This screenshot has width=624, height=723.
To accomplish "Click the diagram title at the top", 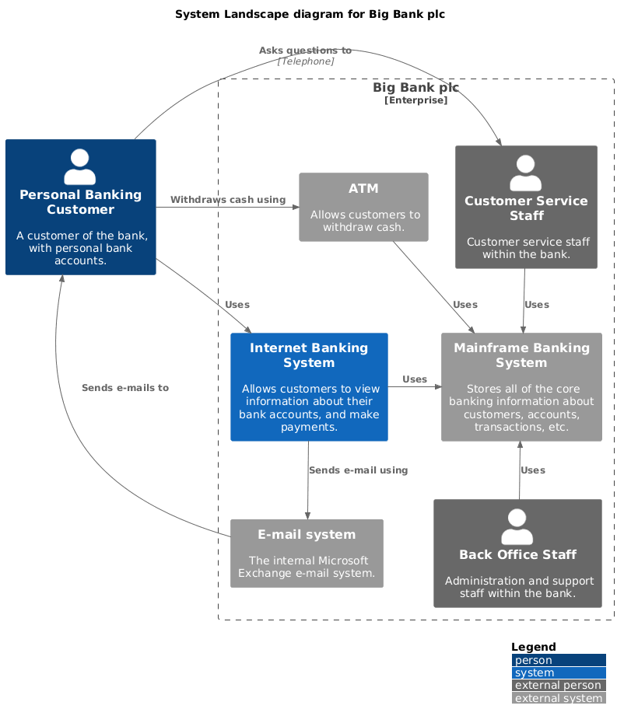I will coord(310,14).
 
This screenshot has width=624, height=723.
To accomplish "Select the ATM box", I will coord(363,207).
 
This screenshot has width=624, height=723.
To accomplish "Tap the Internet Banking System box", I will coord(309,387).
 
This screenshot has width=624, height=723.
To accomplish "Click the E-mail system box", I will coord(307,554).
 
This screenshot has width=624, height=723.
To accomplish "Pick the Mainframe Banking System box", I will coord(521,387).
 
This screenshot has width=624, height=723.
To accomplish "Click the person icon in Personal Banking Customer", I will coord(80,166).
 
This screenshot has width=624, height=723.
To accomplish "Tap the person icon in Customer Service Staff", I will coord(526,173).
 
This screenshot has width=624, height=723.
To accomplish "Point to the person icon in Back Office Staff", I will coord(517,526).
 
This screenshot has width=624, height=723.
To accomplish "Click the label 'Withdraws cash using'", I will coord(228,200).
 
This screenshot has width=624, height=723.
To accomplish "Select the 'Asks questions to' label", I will coord(305,51).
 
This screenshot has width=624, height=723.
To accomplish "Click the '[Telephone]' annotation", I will coord(306,61).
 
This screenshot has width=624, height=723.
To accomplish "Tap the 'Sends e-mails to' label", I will coord(124,387).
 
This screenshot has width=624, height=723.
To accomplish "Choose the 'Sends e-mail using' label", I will coord(358,470).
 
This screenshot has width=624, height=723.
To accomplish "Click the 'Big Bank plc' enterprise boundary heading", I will coord(415,88).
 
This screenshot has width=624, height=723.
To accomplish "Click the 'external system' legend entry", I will coord(558,698).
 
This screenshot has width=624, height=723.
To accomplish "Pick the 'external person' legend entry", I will coord(558,685).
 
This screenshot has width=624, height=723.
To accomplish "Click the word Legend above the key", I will coord(533,647).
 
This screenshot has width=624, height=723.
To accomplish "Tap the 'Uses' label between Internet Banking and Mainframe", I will coord(415,379).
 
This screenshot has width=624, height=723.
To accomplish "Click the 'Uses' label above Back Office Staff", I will coord(533,470).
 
